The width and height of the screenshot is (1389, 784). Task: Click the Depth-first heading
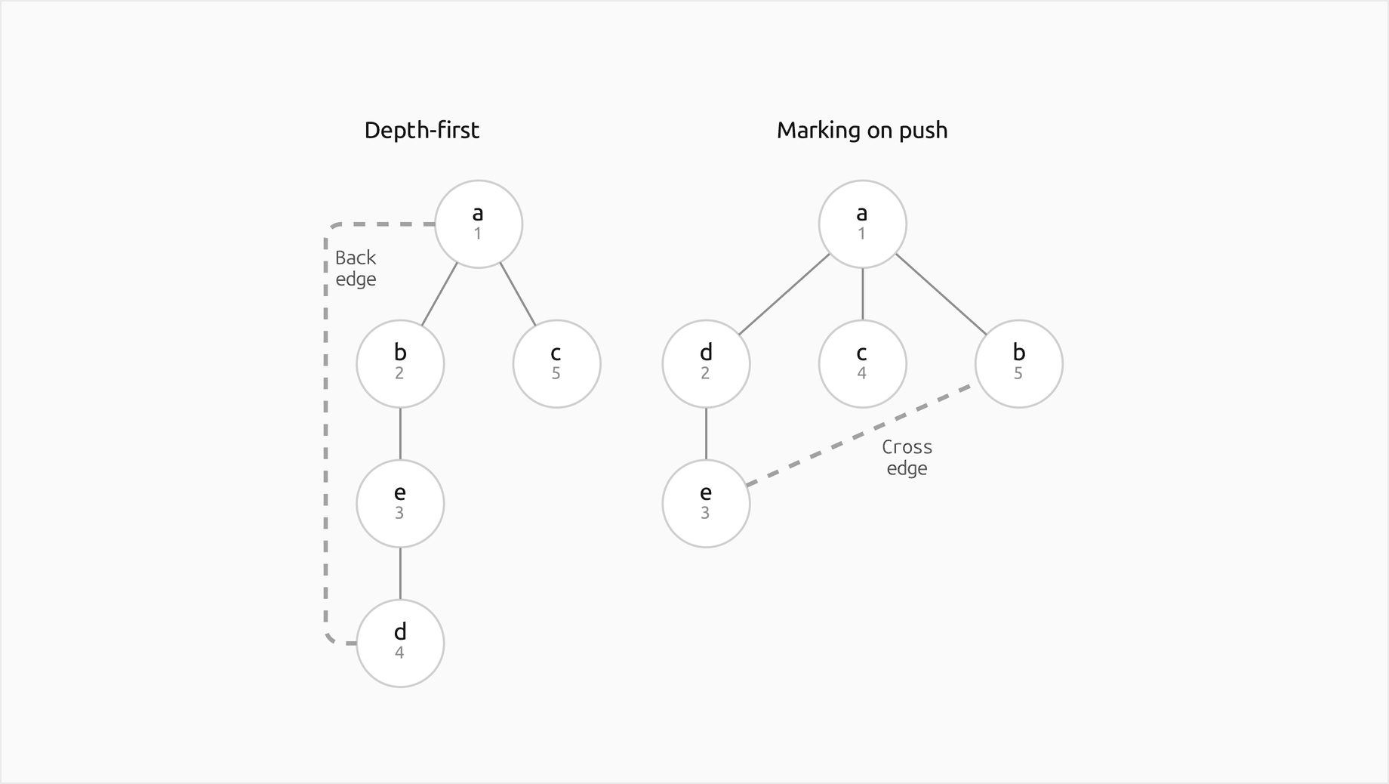[421, 130]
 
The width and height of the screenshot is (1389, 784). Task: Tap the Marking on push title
[862, 130]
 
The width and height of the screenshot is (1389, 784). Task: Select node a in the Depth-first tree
[479, 224]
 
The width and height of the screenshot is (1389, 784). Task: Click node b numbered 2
[400, 364]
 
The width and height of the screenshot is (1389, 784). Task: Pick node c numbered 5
[557, 364]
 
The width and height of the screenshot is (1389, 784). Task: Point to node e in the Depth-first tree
[400, 504]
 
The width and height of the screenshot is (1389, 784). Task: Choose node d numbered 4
[400, 644]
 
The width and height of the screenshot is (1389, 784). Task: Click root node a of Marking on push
[863, 224]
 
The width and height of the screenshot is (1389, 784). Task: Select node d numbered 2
[707, 364]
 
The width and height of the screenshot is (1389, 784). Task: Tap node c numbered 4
[863, 364]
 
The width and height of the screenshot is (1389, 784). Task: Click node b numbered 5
[1019, 364]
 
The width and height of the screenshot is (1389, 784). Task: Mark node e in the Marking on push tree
[707, 504]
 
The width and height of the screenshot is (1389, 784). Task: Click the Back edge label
[356, 268]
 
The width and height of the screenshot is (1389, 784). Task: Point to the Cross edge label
[907, 458]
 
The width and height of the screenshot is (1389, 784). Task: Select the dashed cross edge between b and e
[858, 435]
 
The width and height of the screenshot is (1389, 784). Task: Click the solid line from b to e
[400, 434]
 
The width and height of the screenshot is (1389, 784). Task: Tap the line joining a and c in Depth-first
[518, 295]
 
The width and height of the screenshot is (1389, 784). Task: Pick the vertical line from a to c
[863, 295]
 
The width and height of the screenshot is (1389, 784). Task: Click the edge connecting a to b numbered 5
[941, 294]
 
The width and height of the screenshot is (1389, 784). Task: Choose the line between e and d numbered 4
[400, 574]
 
